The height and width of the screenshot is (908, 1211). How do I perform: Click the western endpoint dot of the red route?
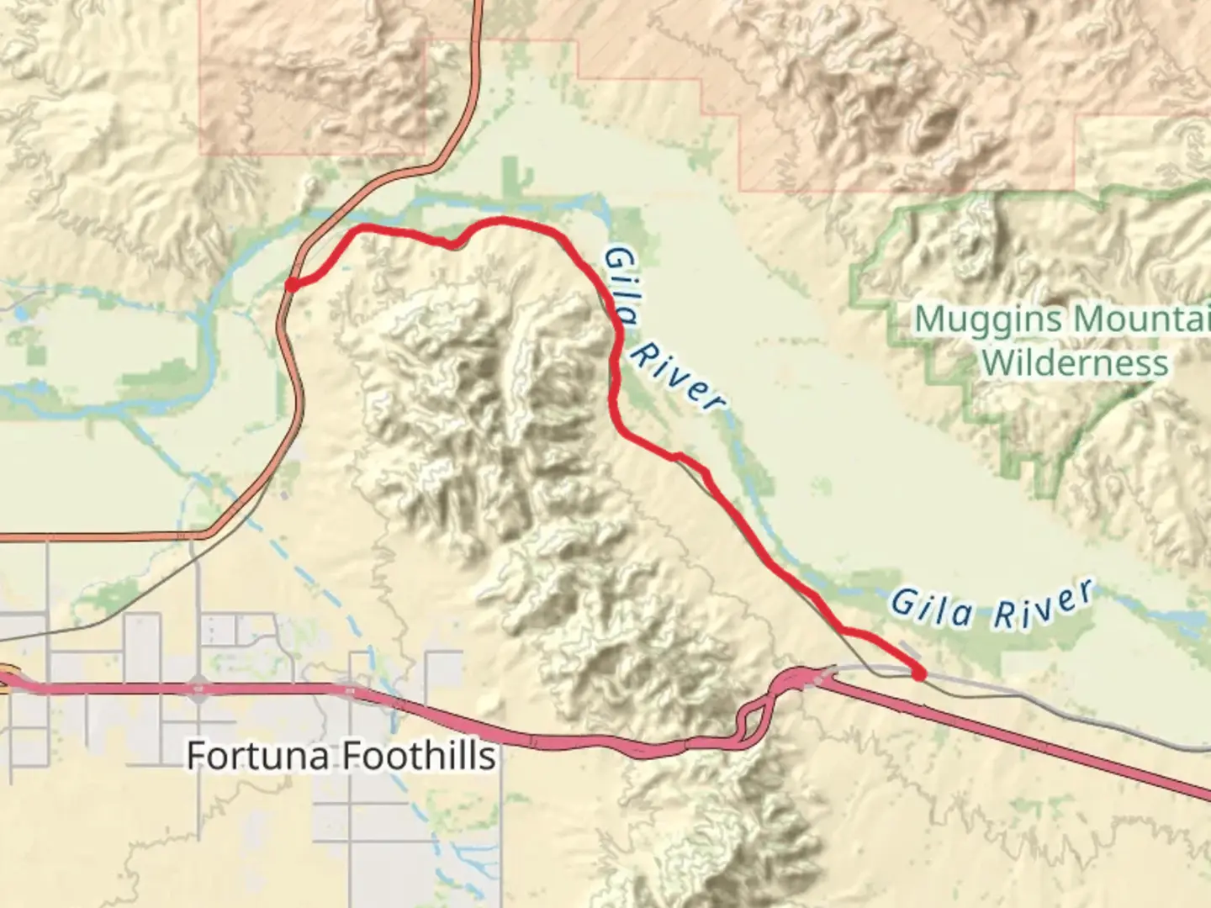[x=291, y=285]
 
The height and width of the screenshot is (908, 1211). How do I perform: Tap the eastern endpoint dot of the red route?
[x=919, y=673]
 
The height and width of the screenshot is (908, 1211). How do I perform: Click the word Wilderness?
[x=1075, y=363]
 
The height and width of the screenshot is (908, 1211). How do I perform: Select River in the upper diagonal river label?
[x=676, y=378]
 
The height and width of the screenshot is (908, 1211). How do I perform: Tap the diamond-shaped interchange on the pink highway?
[x=198, y=689]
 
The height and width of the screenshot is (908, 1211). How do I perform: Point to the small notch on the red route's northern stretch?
[x=454, y=245]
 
